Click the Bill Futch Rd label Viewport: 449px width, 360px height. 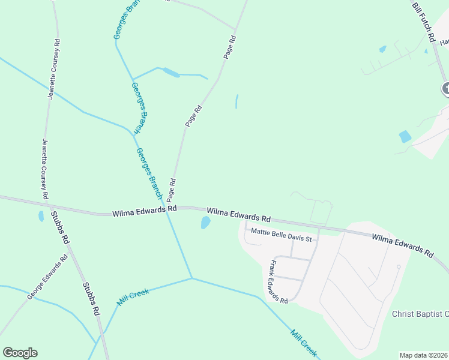coord(424,22)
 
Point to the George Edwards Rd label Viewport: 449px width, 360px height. coord(47,279)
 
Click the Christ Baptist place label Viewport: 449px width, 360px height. coord(420,314)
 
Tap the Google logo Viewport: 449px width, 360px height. coord(20,353)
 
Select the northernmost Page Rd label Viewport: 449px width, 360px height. coord(230,47)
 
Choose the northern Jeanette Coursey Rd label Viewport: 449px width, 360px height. coord(55,70)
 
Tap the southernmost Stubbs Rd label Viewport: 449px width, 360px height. coord(91,299)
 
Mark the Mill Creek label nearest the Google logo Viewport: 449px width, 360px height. coord(133,298)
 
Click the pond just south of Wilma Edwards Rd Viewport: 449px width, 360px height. coord(205,223)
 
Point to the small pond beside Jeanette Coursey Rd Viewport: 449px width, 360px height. coord(41,216)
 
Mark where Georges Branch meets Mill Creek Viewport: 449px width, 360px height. coord(191,278)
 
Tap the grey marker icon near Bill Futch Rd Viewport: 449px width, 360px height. coord(446,89)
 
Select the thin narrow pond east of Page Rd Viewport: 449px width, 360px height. coord(237,101)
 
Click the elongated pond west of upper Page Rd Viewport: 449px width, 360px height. coord(170,73)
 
